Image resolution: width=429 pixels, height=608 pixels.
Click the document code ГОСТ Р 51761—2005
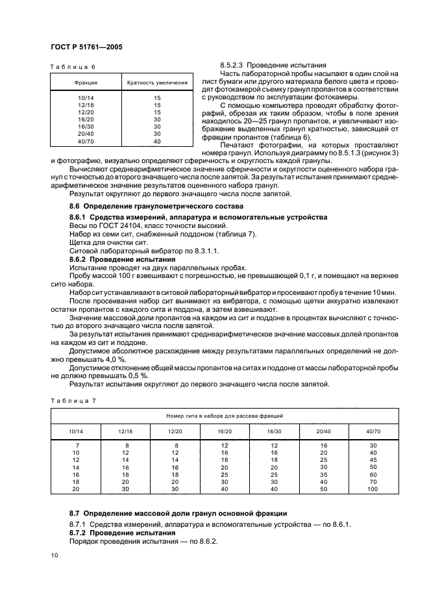click(x=86, y=47)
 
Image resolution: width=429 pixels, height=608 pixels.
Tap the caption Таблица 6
click(x=73, y=67)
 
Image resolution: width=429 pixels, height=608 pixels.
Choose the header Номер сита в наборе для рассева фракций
click(x=223, y=415)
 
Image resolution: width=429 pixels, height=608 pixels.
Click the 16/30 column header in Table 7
click(x=274, y=431)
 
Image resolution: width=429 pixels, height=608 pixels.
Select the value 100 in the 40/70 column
click(x=373, y=488)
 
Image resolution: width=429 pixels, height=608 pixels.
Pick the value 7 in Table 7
click(x=76, y=445)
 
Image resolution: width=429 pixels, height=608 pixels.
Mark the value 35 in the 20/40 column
click(x=323, y=474)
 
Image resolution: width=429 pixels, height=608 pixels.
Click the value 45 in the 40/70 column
click(x=373, y=459)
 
